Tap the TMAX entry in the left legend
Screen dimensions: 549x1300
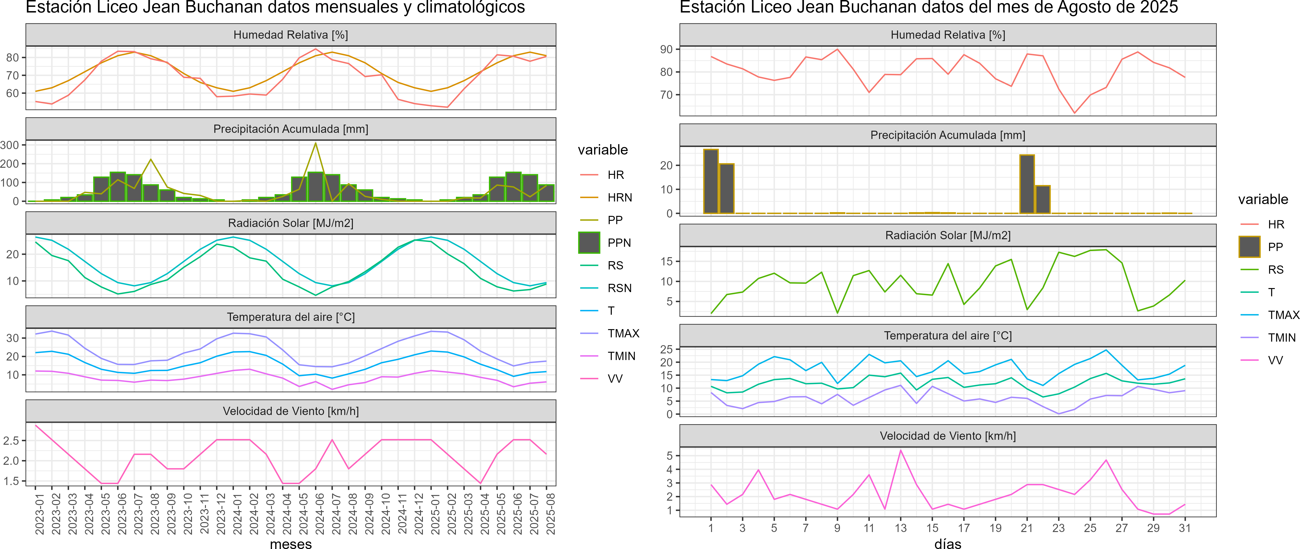point(623,334)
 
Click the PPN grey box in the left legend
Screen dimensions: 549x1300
point(589,243)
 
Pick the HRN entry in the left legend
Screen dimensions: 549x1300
point(620,197)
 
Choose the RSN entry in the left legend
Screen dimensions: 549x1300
point(619,288)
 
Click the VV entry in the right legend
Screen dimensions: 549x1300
point(1275,360)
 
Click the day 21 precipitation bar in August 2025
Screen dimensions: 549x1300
point(1027,184)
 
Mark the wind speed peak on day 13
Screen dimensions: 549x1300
point(901,451)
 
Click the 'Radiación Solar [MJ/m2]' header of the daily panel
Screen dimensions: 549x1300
point(948,235)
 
